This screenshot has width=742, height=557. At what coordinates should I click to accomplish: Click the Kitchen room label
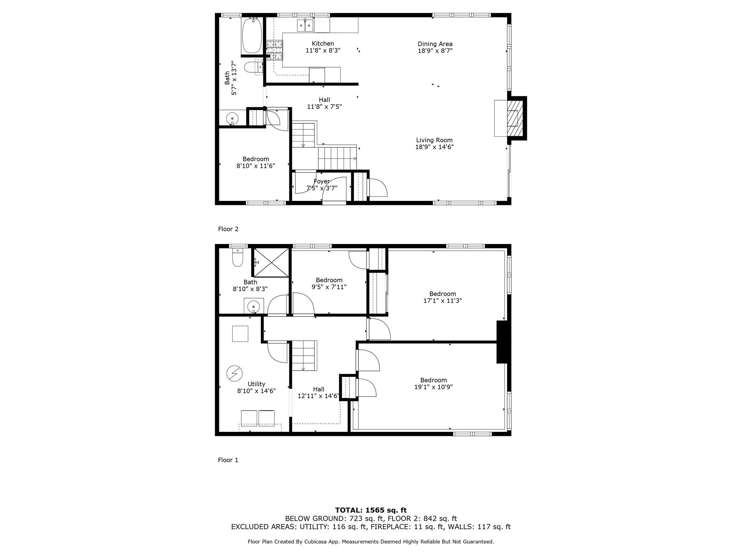[322, 44]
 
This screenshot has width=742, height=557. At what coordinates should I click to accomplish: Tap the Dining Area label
[435, 44]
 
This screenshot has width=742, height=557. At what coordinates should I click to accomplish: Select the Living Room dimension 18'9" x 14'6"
[434, 147]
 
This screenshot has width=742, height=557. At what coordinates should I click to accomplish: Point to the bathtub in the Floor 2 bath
[252, 36]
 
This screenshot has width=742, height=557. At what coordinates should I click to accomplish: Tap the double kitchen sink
[305, 25]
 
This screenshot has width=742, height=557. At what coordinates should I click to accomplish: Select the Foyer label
[321, 181]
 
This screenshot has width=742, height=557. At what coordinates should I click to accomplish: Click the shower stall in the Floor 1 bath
[271, 263]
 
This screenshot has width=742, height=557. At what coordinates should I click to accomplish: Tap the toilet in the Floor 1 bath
[237, 258]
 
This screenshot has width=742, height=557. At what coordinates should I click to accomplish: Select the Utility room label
[256, 384]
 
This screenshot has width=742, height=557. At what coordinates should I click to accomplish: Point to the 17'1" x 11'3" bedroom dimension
[442, 301]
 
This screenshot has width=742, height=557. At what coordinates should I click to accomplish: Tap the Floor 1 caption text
[228, 460]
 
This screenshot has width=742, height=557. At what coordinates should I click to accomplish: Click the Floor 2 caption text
[228, 229]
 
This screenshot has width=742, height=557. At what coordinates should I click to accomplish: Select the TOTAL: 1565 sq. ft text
[371, 510]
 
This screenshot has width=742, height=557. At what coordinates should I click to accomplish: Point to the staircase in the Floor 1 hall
[303, 355]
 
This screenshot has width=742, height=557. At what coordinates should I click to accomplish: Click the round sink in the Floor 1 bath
[253, 306]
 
